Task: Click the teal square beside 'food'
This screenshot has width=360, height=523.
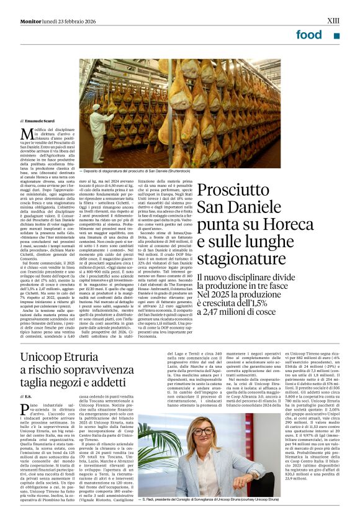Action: tap(336, 35)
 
